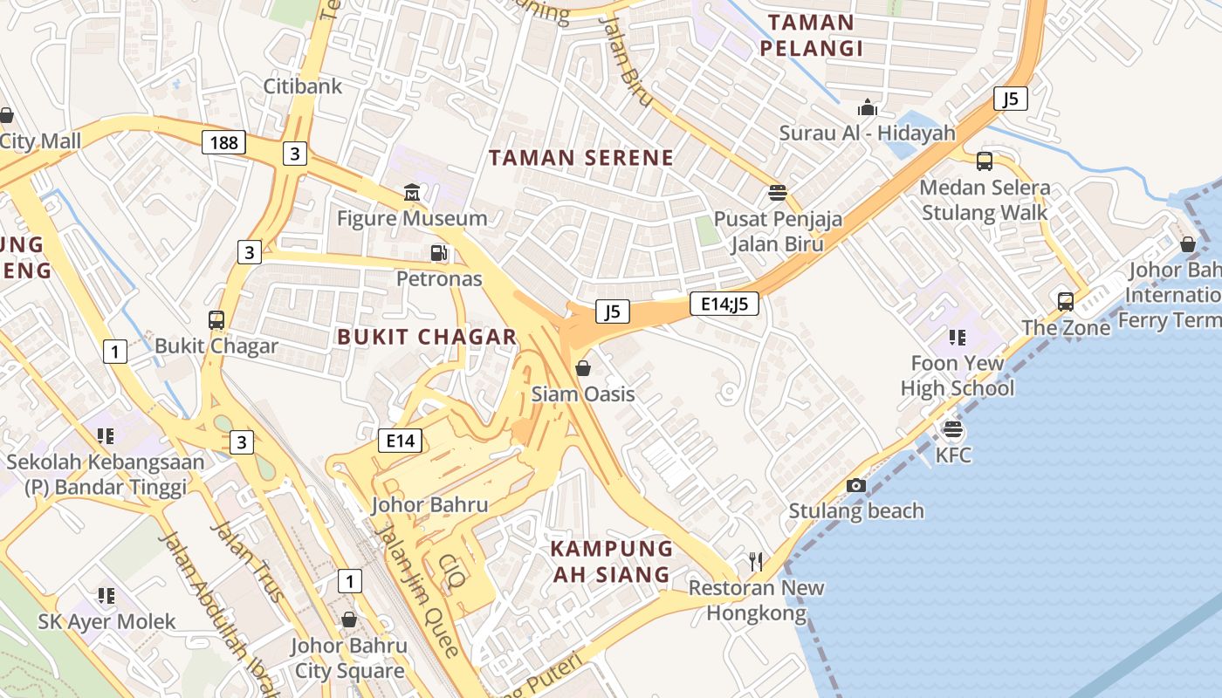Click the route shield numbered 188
[x=224, y=142]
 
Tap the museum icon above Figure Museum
[x=412, y=192]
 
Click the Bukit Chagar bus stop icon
[x=216, y=320]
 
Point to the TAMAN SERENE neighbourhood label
[x=580, y=158]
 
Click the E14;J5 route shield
[x=724, y=304]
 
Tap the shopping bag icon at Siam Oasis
[x=583, y=368]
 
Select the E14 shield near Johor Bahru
[x=401, y=441]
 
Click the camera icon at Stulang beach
[x=856, y=485]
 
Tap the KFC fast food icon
[x=953, y=429]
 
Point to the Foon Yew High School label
[x=958, y=375]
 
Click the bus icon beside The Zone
[x=1066, y=302]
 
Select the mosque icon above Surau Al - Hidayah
[x=868, y=107]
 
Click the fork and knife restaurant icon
[x=756, y=561]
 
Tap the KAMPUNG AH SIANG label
[x=612, y=561]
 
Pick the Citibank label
[x=303, y=86]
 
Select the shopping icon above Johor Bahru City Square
[x=349, y=619]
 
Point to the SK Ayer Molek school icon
[x=106, y=596]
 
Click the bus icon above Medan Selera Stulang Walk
[x=985, y=161]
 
